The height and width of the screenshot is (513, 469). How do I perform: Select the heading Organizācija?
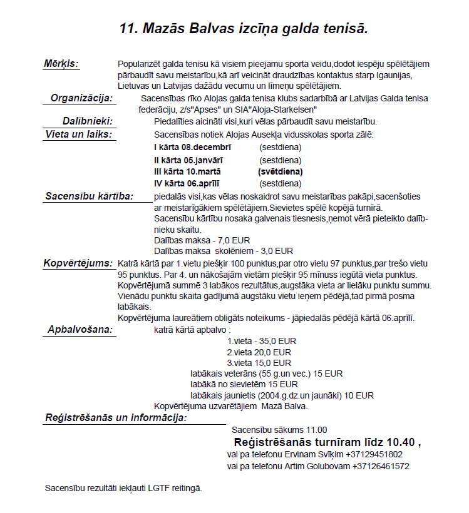[x=81, y=98]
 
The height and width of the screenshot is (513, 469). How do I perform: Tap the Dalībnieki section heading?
[x=87, y=121]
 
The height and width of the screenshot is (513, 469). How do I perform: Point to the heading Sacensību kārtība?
[x=89, y=196]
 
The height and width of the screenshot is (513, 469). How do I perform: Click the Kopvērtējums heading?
[x=78, y=263]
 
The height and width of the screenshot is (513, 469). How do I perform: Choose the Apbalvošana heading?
[x=81, y=329]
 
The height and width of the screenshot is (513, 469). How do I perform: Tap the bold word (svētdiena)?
[x=280, y=171]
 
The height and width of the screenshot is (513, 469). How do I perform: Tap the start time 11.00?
[x=316, y=430]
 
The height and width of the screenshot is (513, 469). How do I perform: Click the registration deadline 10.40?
[x=400, y=442]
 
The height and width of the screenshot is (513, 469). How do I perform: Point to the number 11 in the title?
[x=128, y=28]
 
